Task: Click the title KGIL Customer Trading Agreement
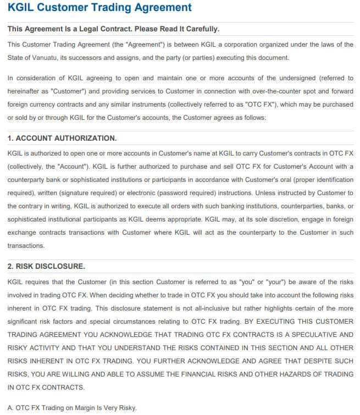click(x=99, y=8)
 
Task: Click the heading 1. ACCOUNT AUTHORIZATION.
click(x=62, y=138)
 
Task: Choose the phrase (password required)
click(x=175, y=193)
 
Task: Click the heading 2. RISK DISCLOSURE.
click(x=46, y=266)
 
